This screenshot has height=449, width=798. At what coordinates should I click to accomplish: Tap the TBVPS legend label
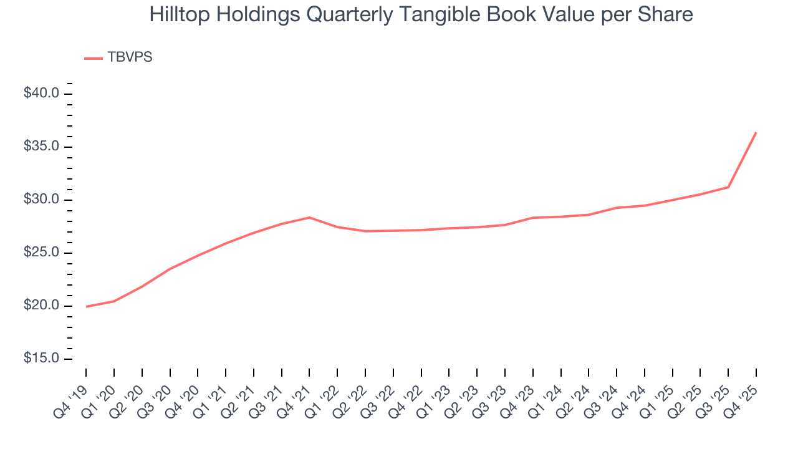click(130, 57)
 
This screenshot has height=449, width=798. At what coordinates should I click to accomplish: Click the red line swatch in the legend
click(94, 58)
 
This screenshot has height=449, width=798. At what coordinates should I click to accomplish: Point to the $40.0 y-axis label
click(41, 94)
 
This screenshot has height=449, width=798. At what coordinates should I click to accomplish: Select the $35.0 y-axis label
click(41, 147)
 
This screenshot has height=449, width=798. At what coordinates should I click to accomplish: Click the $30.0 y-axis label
click(41, 200)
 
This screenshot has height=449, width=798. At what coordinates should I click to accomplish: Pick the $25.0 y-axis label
click(41, 253)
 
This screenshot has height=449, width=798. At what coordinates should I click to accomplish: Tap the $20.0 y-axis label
click(41, 306)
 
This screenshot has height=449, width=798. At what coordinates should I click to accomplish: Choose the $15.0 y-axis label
click(41, 359)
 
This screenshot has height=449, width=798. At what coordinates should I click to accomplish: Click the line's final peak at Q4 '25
click(756, 132)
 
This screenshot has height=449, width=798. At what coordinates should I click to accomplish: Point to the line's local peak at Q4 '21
click(309, 217)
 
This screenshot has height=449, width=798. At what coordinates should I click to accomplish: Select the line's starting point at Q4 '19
click(86, 306)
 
